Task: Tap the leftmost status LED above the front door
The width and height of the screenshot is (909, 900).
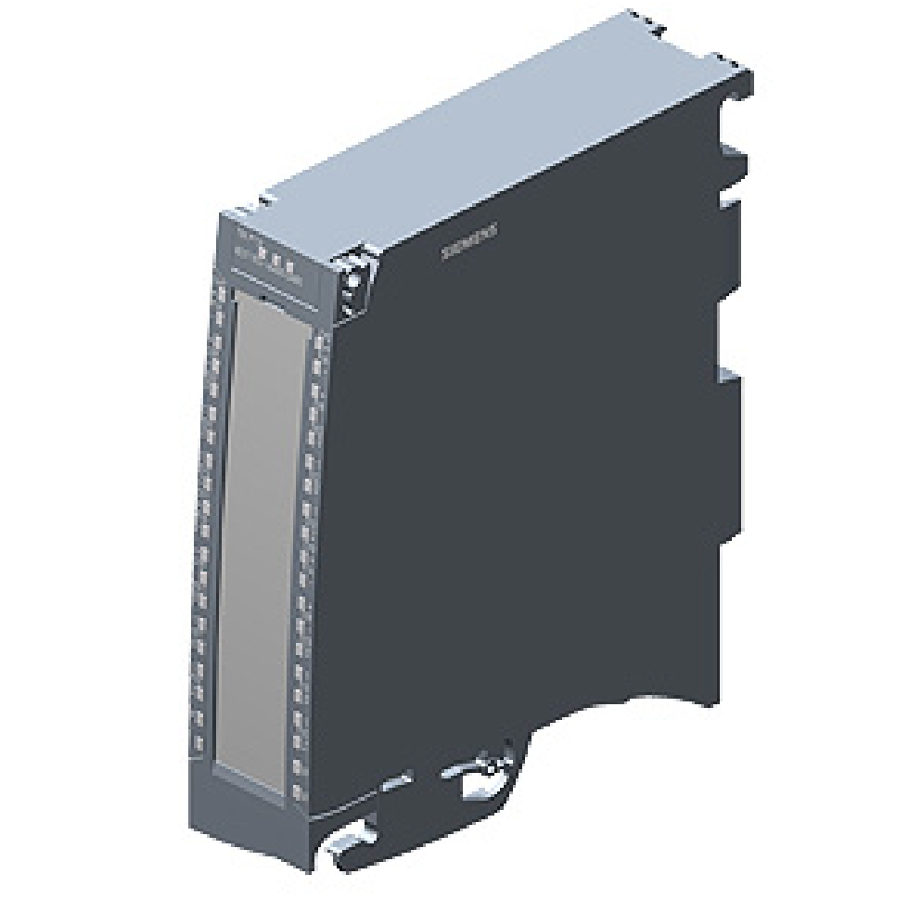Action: (262, 251)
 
